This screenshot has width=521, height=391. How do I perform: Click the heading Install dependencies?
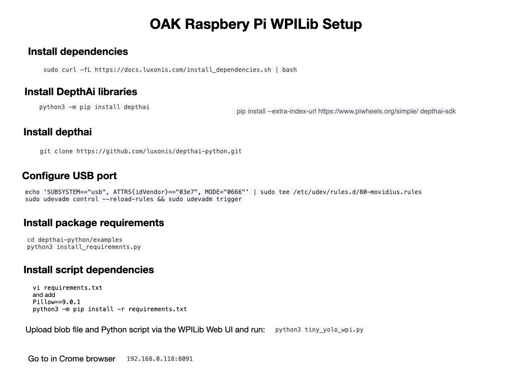point(78,51)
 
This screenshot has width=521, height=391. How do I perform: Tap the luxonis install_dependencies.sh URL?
point(183,70)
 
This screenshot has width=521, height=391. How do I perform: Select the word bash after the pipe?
point(290,70)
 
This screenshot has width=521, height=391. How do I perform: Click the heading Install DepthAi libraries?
point(81,92)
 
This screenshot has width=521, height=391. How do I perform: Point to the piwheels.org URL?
point(368,111)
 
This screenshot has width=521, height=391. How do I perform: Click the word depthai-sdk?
point(438,111)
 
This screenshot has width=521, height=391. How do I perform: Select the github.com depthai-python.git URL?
point(159,151)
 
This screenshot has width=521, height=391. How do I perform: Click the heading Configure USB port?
point(69,176)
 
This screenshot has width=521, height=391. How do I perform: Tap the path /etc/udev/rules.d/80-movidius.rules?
point(358,192)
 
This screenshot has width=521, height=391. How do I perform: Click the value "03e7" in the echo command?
point(188,192)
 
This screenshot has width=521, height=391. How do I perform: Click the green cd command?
point(31,240)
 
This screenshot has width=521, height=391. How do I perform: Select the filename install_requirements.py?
point(99,247)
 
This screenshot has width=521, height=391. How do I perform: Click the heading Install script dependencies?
point(89,270)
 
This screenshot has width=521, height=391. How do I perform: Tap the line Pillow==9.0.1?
point(56,302)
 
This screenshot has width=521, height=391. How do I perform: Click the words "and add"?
point(44,295)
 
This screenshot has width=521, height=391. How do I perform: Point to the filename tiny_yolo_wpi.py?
point(334,330)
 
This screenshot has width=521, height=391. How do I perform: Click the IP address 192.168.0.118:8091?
point(160,359)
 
